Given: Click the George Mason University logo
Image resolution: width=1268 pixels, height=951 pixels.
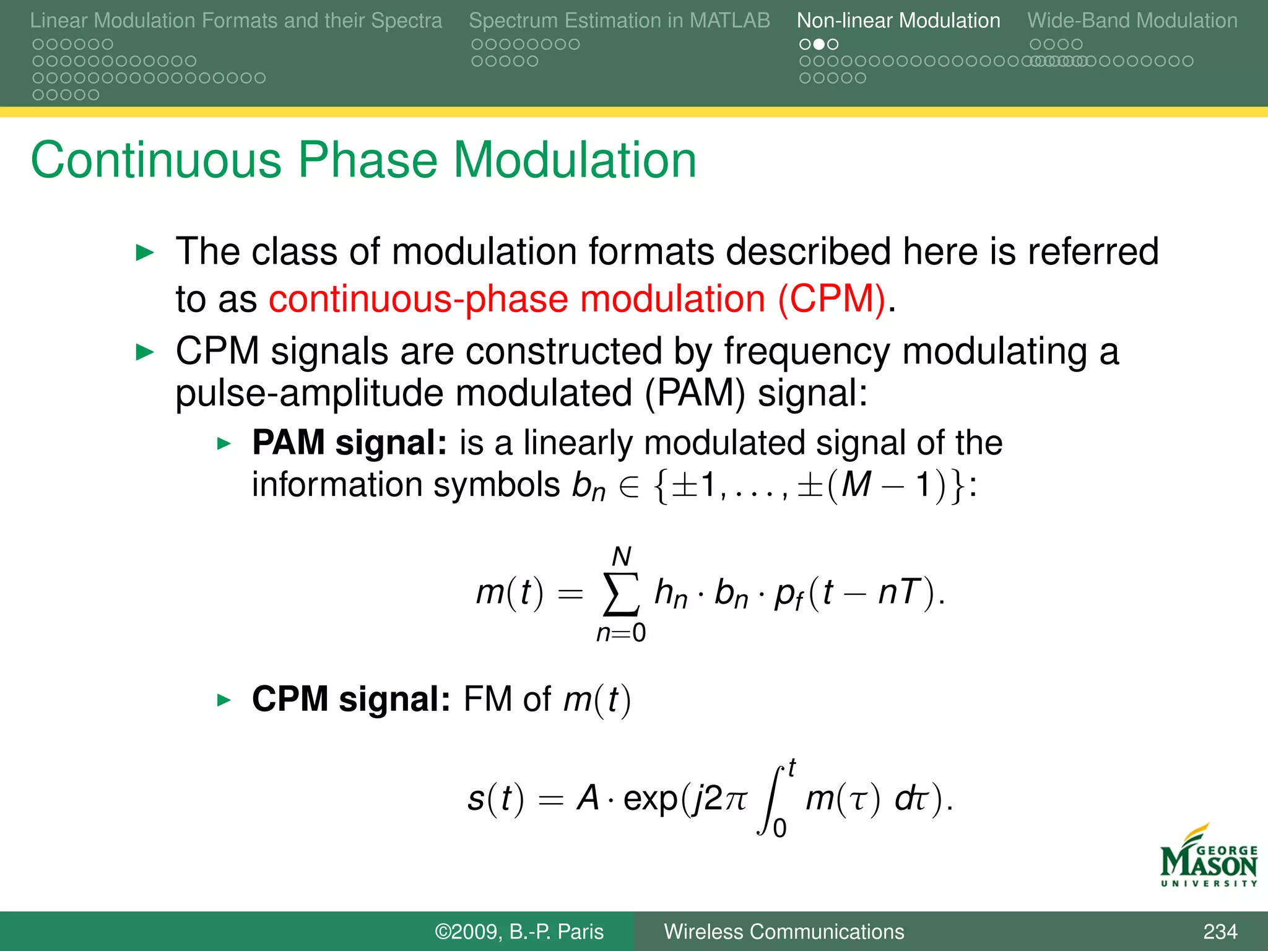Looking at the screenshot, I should click(1209, 858).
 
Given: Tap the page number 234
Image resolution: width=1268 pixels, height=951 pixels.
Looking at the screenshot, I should click(1220, 931).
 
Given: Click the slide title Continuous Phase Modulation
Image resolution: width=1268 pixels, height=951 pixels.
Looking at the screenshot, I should click(363, 160).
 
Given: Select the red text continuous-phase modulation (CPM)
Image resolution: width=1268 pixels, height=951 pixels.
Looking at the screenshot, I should click(577, 299).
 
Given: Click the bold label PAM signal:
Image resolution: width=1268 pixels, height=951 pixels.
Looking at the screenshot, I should click(349, 443).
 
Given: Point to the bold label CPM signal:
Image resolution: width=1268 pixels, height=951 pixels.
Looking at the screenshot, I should click(351, 699).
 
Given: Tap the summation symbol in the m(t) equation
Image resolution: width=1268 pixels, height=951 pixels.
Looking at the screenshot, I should click(620, 594).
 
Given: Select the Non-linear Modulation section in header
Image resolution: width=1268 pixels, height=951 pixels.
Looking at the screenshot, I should click(898, 20).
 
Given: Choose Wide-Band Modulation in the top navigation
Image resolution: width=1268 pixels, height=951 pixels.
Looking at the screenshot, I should click(1132, 20).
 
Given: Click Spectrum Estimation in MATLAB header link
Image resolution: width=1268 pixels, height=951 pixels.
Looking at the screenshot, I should click(619, 20).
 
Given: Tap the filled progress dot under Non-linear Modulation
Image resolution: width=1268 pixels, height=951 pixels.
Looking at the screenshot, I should click(819, 44).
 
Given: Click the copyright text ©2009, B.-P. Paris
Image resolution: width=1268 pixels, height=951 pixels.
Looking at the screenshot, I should click(519, 931).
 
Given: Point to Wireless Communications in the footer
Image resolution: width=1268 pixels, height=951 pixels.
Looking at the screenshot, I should click(784, 931).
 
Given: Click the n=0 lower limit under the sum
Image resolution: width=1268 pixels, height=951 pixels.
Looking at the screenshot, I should click(620, 633).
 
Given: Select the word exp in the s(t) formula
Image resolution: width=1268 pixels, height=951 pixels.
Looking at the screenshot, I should click(650, 798).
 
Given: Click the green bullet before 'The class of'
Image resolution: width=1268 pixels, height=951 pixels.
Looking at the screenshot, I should click(144, 253).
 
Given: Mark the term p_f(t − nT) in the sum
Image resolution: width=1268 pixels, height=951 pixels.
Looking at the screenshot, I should click(854, 593).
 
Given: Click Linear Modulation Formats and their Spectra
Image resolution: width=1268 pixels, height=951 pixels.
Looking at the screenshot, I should click(236, 20).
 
